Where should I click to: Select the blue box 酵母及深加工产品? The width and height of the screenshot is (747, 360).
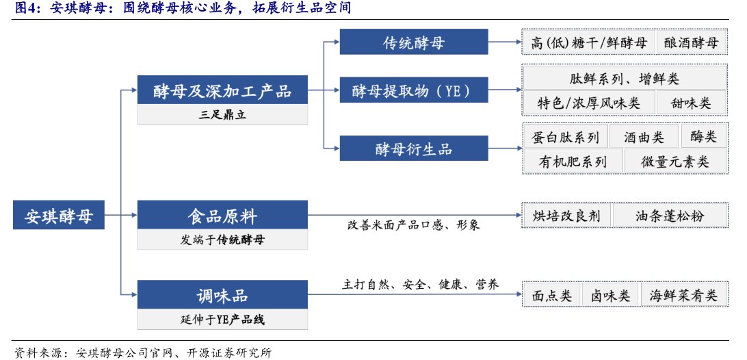(222, 90)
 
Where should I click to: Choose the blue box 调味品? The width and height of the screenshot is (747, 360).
(222, 296)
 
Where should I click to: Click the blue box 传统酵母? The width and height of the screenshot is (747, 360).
(414, 42)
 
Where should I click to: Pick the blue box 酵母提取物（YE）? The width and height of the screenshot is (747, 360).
(414, 90)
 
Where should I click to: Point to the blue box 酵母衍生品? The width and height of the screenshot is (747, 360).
(414, 149)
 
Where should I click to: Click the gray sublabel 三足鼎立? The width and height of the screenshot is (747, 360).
(222, 115)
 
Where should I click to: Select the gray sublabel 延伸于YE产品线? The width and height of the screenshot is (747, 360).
(222, 320)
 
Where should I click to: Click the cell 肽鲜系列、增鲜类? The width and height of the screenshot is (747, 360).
(624, 78)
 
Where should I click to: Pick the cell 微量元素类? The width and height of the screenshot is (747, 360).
(674, 161)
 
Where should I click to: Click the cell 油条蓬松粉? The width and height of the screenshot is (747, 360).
(669, 216)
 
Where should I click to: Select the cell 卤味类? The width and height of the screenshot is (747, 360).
(610, 295)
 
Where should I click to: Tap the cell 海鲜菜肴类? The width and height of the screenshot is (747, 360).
(683, 295)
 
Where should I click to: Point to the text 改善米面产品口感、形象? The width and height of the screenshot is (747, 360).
(414, 224)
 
